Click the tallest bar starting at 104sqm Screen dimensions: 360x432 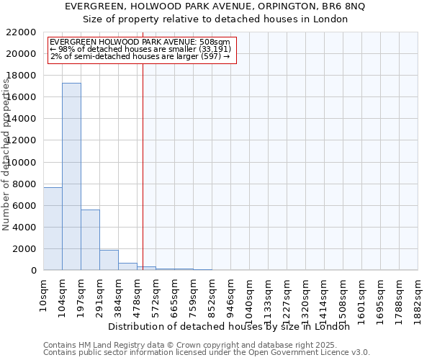tap(71, 176)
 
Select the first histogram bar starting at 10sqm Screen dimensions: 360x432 tap(53, 228)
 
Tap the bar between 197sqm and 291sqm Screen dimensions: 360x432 tap(90, 240)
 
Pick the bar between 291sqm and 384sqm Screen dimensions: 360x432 tap(109, 260)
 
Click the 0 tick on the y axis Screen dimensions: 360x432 tap(33, 271)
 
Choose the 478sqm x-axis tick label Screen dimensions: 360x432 tap(138, 293)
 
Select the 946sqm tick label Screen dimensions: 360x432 tap(231, 293)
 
